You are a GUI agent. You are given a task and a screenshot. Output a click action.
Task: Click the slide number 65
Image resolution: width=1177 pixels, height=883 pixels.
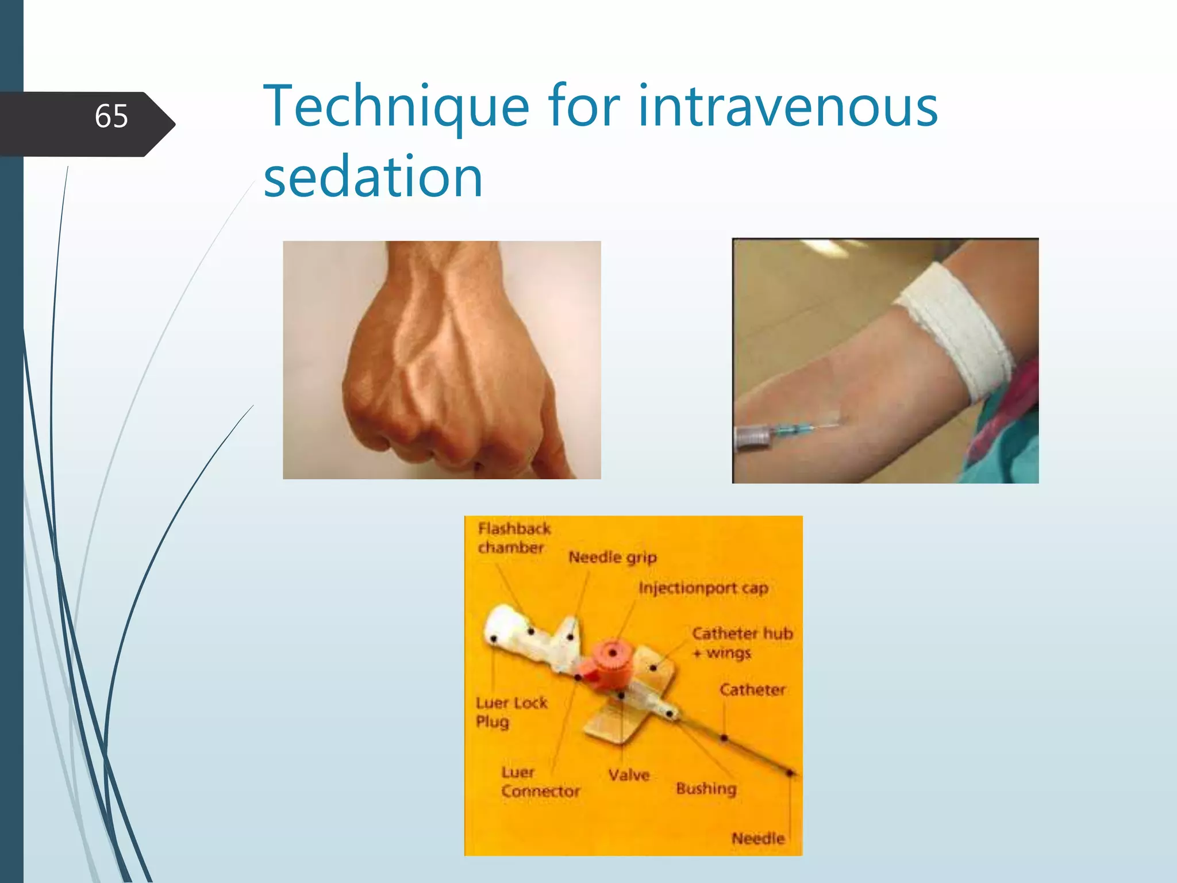[x=111, y=116]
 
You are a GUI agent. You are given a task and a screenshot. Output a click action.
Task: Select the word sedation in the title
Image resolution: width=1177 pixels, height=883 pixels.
[x=373, y=177]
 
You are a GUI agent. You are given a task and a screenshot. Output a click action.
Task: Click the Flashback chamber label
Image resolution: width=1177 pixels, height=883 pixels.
[x=513, y=538]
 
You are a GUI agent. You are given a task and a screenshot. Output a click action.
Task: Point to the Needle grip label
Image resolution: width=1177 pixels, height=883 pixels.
[x=612, y=557]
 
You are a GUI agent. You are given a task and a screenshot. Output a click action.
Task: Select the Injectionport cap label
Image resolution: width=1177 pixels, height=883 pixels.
[x=703, y=588]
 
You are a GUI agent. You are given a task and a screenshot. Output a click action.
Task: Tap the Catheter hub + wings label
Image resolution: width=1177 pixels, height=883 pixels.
[x=741, y=643]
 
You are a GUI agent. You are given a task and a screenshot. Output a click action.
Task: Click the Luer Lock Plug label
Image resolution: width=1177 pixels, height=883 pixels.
[x=511, y=712]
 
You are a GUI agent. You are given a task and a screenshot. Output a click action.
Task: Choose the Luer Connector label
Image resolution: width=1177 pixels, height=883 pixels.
[x=540, y=782]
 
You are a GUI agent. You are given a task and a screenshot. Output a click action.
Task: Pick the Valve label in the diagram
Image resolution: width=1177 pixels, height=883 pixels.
[x=629, y=775]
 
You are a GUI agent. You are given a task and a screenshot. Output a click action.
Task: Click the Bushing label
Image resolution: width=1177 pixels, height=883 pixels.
[x=706, y=788]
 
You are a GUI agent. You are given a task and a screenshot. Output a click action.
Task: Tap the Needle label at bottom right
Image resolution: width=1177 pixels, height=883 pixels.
[x=757, y=838]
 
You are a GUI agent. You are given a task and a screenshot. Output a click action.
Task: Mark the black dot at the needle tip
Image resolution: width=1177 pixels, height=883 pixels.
[x=790, y=773]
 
